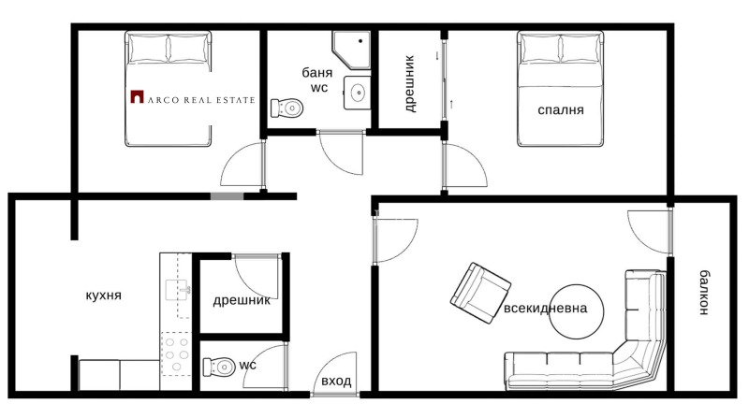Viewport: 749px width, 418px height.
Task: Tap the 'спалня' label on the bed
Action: [561, 109]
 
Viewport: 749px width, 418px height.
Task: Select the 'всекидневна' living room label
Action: [546, 309]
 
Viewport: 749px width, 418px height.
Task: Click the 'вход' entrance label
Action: [336, 382]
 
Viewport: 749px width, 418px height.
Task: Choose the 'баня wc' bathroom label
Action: [315, 79]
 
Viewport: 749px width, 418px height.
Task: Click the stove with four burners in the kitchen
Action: [176, 356]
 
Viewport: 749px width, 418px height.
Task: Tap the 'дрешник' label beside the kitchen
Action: [242, 300]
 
